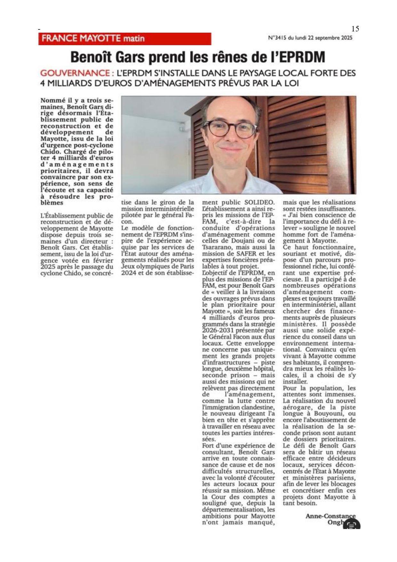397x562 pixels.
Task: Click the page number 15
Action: coord(355,29)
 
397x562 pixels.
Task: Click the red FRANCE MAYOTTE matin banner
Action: coord(125,39)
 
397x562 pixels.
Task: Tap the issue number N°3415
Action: coord(277,38)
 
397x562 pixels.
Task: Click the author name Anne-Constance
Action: coord(330,516)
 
